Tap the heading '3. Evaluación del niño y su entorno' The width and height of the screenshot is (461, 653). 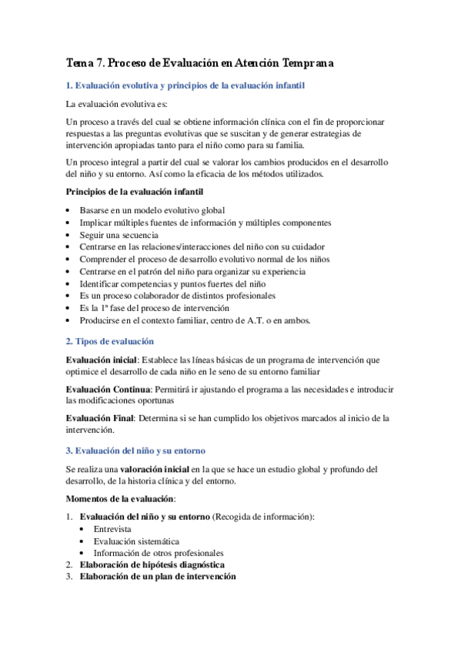[x=135, y=450]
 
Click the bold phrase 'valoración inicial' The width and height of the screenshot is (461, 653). [x=154, y=468]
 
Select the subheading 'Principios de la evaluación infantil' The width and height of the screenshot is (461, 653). [x=135, y=191]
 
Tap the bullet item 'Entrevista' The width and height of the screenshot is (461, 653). [x=112, y=529]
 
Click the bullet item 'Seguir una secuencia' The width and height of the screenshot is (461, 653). [x=119, y=235]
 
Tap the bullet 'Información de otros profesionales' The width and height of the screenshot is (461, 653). [x=159, y=553]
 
